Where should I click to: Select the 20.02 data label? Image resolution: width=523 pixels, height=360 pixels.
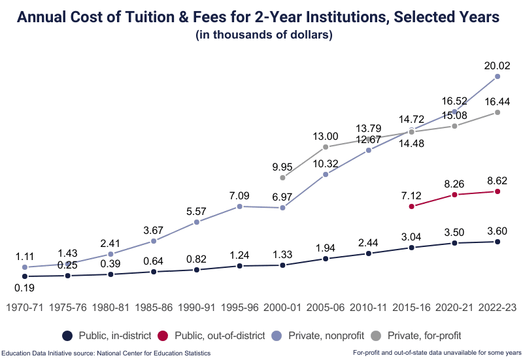pos(498,65)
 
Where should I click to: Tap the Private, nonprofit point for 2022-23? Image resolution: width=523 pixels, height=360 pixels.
pos(498,76)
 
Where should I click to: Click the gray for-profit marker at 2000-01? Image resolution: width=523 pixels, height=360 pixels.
pos(282,177)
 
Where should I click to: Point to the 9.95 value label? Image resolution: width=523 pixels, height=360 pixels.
pos(282,167)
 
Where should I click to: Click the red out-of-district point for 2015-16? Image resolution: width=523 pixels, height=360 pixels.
pos(411,206)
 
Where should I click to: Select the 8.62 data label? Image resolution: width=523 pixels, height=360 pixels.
pos(498,180)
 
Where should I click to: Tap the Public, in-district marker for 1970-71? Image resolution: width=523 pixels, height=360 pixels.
pos(25,276)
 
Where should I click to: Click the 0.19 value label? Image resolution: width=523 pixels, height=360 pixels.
pos(25,287)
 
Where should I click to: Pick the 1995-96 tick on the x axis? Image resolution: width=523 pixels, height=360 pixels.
pos(239,307)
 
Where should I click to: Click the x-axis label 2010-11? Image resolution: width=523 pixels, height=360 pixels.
pos(369,307)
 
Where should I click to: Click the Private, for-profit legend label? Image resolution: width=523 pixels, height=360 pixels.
pos(424,335)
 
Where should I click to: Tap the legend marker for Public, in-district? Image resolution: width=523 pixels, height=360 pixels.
pos(67,335)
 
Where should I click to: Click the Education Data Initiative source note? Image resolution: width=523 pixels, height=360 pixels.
pos(106,353)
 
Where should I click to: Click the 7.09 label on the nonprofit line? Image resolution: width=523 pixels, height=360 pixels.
pos(239,195)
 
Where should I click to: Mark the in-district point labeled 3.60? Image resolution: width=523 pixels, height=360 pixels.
pos(498,242)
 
